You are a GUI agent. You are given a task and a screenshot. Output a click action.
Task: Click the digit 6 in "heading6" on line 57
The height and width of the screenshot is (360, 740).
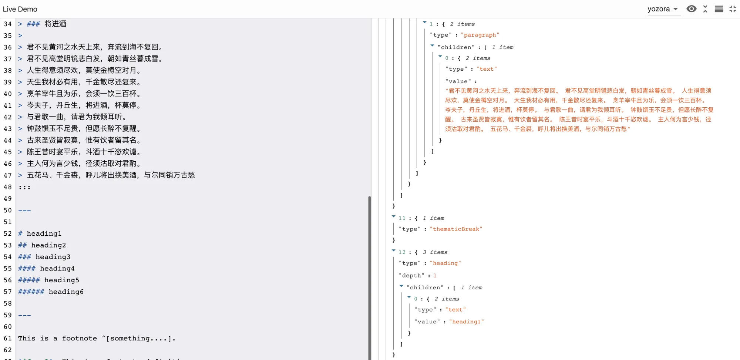(81, 292)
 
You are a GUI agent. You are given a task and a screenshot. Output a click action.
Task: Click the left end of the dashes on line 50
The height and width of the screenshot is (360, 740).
(18, 211)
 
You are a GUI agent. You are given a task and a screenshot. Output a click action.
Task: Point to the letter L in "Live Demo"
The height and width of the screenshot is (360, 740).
(5, 9)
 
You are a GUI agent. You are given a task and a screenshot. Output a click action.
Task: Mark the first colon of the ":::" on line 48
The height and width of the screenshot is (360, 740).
(20, 188)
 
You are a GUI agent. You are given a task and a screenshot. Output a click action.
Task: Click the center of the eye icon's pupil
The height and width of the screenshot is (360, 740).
(691, 9)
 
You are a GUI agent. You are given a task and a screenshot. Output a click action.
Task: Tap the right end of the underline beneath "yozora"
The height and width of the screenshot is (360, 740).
(680, 16)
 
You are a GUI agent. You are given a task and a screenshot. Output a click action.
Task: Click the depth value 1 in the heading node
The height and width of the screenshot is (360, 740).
(435, 276)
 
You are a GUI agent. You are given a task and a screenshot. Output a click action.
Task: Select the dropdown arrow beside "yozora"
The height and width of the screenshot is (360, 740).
(676, 9)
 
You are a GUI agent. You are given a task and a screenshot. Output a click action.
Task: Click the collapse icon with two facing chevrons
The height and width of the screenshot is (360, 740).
(705, 9)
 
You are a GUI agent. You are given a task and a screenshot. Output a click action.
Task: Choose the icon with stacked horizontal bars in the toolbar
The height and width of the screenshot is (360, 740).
(719, 9)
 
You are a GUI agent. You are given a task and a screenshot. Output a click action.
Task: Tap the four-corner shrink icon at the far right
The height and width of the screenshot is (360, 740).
(733, 9)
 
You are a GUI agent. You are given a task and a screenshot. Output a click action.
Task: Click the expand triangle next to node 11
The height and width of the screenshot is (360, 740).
(393, 216)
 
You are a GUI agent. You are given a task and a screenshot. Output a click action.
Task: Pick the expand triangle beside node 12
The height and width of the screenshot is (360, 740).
(393, 250)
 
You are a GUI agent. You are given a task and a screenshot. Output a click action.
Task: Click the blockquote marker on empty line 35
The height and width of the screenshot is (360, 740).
(20, 36)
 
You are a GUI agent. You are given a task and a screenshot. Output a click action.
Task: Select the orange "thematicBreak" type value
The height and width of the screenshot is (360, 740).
(456, 229)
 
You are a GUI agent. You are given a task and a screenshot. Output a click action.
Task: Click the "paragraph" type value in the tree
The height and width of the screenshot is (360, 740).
(480, 35)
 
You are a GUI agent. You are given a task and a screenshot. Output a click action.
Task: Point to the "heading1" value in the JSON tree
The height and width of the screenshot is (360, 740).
(467, 322)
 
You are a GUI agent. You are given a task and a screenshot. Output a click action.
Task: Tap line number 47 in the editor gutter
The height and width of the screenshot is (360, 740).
(8, 175)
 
